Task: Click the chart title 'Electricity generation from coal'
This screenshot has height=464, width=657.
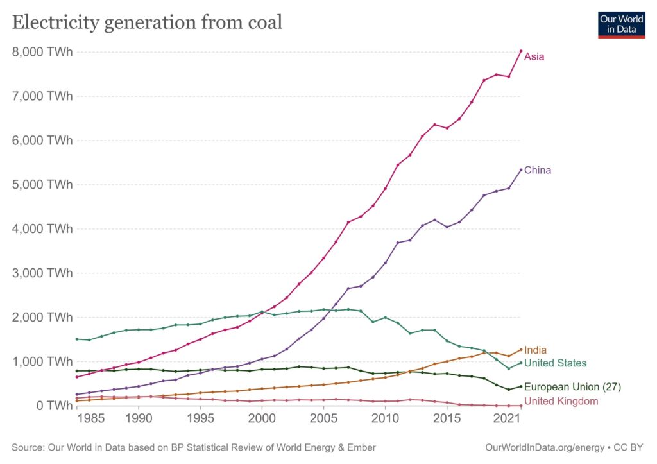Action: pyautogui.click(x=147, y=22)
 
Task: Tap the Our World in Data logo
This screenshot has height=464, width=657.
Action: pyautogui.click(x=621, y=23)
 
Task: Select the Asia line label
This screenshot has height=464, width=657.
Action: pyautogui.click(x=534, y=56)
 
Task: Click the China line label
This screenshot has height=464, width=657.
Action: pyautogui.click(x=538, y=170)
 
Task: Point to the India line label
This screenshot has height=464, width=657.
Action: pyautogui.click(x=535, y=350)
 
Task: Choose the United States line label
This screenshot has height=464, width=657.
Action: pyautogui.click(x=555, y=363)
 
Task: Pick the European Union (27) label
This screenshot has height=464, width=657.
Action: pyautogui.click(x=572, y=387)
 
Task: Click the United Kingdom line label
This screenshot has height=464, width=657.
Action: pyautogui.click(x=561, y=401)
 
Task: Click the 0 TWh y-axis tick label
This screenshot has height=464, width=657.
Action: pyautogui.click(x=55, y=406)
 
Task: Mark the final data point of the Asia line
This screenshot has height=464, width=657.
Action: pyautogui.click(x=521, y=51)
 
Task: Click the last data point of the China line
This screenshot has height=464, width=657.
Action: pyautogui.click(x=521, y=170)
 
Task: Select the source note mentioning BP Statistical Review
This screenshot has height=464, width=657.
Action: pyautogui.click(x=194, y=447)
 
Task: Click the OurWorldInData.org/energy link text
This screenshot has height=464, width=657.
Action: pyautogui.click(x=545, y=447)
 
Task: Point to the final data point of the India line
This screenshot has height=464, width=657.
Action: pyautogui.click(x=521, y=350)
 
